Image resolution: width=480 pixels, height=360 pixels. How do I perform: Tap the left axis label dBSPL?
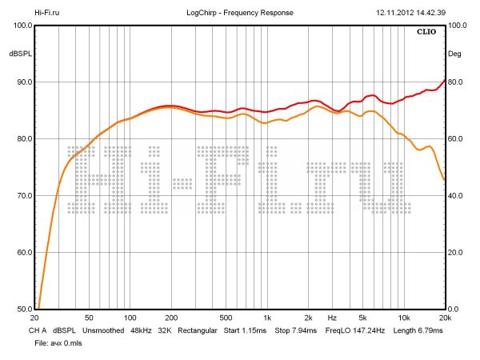[x=19, y=54]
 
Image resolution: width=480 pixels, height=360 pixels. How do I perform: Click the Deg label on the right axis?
[x=454, y=54]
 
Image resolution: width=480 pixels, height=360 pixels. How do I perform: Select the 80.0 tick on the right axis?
[x=455, y=82]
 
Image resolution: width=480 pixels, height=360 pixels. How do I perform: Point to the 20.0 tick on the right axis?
[x=455, y=253]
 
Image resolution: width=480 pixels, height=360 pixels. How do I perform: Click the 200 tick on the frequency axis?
[x=170, y=318]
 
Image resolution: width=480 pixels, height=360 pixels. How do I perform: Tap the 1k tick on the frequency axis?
[x=267, y=318]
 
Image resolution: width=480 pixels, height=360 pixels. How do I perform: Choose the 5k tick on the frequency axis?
[x=362, y=318]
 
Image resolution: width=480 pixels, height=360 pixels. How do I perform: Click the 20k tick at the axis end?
[x=445, y=318]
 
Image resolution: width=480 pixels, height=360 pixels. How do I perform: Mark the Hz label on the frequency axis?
[x=331, y=318]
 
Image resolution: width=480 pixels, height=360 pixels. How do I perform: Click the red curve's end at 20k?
[x=445, y=79]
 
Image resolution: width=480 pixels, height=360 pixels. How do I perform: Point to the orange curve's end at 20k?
[x=445, y=180]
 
